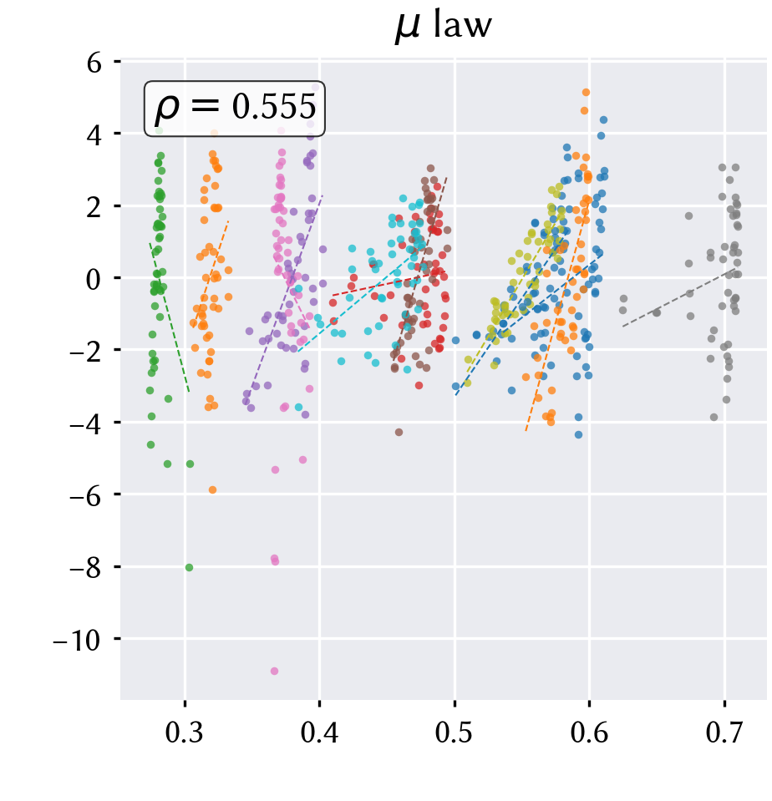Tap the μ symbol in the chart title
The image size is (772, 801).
tap(408, 28)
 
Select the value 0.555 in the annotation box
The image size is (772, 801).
tap(274, 107)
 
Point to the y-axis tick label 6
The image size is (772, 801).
tap(94, 63)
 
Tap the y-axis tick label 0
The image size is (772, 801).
tap(94, 279)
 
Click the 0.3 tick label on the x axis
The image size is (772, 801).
tap(185, 732)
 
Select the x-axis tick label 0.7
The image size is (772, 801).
tap(724, 732)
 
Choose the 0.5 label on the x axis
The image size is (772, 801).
tap(455, 732)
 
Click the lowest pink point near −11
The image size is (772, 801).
tap(274, 671)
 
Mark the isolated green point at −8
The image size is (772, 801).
tap(189, 567)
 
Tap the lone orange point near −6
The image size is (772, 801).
tap(212, 490)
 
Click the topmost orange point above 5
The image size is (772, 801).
tap(586, 93)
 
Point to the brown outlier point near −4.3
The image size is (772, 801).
tap(399, 432)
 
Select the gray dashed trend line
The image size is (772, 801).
tap(679, 297)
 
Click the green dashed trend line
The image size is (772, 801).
tap(169, 317)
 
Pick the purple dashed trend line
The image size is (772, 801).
tap(283, 297)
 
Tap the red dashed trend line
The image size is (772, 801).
tap(389, 283)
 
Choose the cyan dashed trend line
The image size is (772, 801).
tap(357, 302)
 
